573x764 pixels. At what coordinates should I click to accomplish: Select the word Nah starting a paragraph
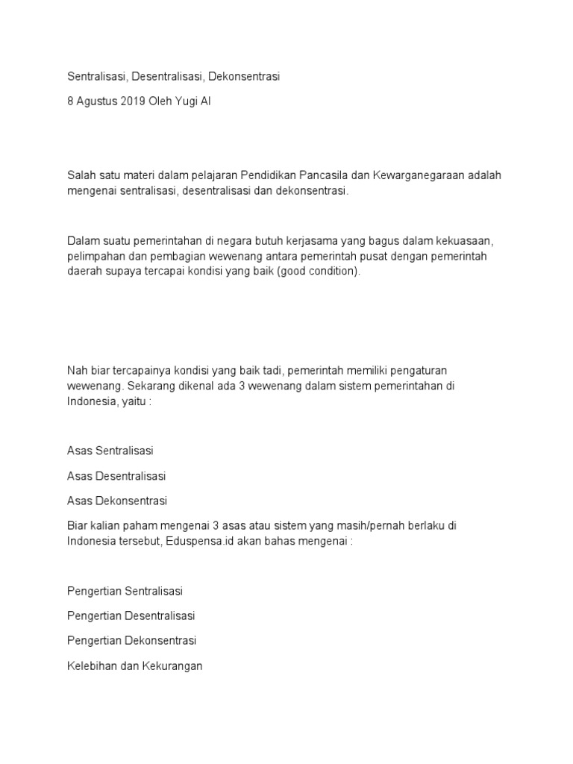[x=77, y=370]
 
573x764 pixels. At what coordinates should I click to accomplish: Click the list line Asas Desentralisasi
[x=116, y=475]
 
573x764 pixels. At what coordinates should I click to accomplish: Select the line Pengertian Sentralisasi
[x=125, y=591]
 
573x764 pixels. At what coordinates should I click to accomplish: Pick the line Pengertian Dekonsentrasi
[x=131, y=640]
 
